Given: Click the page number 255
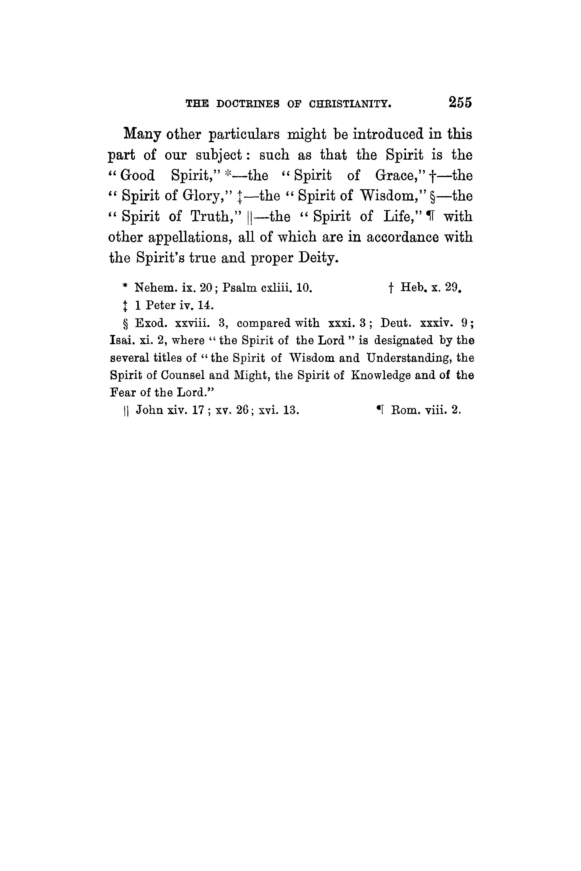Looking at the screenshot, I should pos(460,102).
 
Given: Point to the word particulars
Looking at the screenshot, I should pos(244,134).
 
